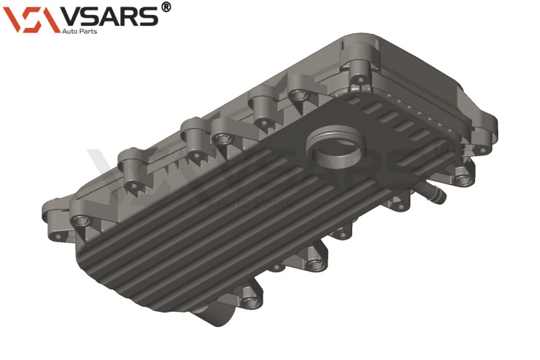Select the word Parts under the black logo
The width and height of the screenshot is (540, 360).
point(89,32)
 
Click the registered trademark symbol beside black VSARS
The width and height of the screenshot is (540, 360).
point(166,7)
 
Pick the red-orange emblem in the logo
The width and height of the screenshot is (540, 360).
point(32,19)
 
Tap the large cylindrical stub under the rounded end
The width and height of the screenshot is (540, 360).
point(215,312)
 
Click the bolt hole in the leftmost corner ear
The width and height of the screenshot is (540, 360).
point(57,236)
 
